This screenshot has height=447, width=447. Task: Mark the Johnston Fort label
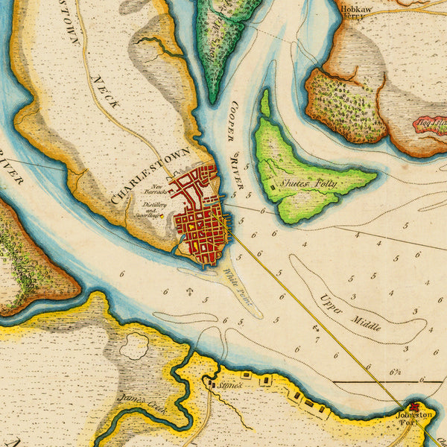point(414,417)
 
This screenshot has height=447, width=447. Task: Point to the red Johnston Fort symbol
point(413,407)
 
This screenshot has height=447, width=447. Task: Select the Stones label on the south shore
point(225,385)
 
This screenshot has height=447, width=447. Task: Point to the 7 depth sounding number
point(317,340)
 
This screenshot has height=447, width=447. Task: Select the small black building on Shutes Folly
point(273,187)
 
